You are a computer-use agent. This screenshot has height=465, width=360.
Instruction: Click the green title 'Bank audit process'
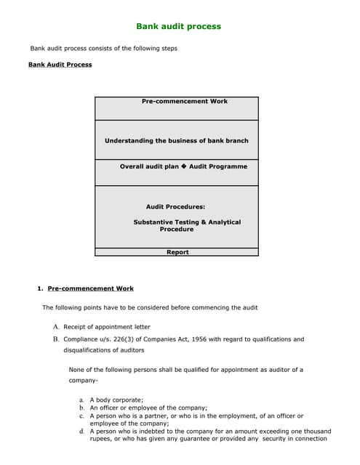(x=179, y=26)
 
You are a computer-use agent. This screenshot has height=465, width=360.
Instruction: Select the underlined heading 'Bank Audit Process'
(x=60, y=65)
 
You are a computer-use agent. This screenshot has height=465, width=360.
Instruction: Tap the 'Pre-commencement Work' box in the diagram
(x=184, y=102)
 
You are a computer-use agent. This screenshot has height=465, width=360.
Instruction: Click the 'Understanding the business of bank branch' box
(x=176, y=140)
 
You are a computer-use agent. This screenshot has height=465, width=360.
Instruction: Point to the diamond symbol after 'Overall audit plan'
(x=184, y=166)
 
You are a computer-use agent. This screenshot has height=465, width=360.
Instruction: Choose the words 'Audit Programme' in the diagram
(x=218, y=166)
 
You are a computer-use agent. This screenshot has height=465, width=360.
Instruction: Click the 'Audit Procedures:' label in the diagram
(x=175, y=207)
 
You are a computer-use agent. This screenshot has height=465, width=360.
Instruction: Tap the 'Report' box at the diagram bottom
(x=177, y=252)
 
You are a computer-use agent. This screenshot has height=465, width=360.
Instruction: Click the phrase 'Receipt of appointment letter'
(x=107, y=327)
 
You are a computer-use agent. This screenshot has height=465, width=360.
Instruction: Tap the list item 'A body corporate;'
(x=116, y=400)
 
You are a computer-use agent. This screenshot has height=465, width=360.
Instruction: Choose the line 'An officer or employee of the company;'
(x=148, y=408)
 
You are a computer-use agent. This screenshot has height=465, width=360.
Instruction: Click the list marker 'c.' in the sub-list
(x=82, y=416)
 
